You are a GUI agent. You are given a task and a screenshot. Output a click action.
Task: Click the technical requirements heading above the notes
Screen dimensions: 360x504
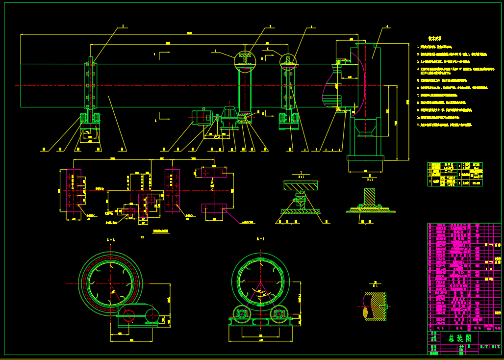pos(435,38)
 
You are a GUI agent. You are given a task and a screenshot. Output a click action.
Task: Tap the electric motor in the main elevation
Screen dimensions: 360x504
pos(201,117)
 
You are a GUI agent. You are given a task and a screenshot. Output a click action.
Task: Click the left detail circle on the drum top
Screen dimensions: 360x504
pos(244,60)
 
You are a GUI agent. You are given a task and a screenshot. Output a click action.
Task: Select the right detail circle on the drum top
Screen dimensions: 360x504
pos(288,60)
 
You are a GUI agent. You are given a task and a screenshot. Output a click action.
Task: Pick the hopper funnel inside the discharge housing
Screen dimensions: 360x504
pos(365,129)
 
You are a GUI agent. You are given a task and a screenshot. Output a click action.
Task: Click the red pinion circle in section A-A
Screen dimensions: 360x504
pos(129,316)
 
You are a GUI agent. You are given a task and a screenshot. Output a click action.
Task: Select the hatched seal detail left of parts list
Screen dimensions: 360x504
pos(375,307)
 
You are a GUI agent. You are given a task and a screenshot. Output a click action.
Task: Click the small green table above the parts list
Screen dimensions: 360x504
pos(455,174)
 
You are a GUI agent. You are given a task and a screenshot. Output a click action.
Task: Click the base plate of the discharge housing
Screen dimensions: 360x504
pos(365,158)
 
